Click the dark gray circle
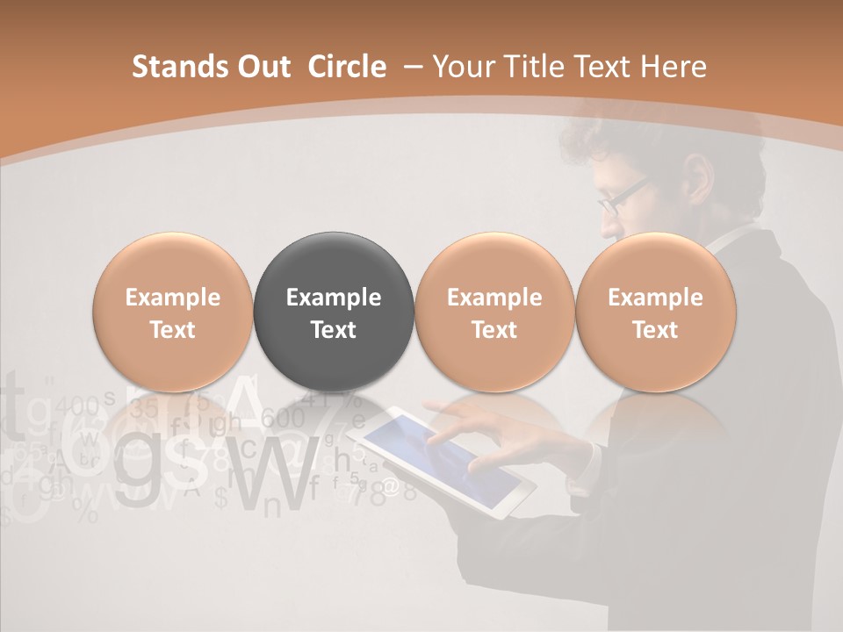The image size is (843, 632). click(x=333, y=312)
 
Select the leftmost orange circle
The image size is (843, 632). click(x=172, y=312)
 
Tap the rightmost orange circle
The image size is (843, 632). click(x=655, y=312)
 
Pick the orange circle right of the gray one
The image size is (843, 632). click(x=494, y=312)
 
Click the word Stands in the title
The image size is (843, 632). click(x=174, y=67)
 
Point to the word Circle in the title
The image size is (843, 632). click(x=347, y=67)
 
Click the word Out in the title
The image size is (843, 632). click(x=262, y=67)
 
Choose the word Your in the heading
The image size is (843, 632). click(x=462, y=67)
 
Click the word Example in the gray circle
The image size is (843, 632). click(x=333, y=298)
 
